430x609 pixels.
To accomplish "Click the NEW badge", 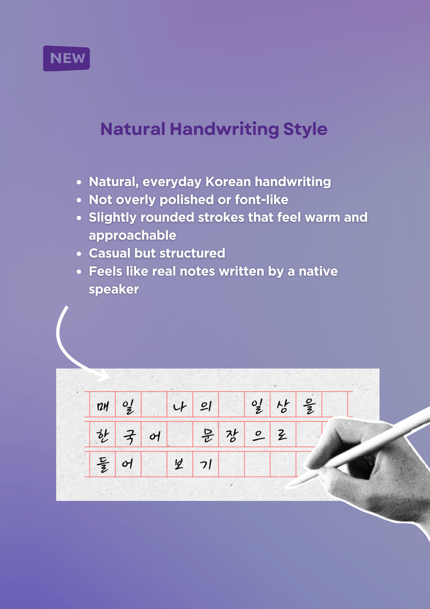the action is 67,58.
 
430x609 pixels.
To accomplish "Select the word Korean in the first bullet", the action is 228,182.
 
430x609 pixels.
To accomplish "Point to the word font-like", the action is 261,200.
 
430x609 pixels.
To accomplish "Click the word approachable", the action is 133,236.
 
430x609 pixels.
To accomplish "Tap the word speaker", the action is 114,290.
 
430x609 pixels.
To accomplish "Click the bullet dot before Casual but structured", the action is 79,254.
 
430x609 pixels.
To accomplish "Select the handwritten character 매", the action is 102,406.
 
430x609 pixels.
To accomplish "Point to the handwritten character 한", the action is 102,435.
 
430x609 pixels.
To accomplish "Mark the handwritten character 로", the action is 282,435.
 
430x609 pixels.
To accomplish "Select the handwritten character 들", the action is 102,465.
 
